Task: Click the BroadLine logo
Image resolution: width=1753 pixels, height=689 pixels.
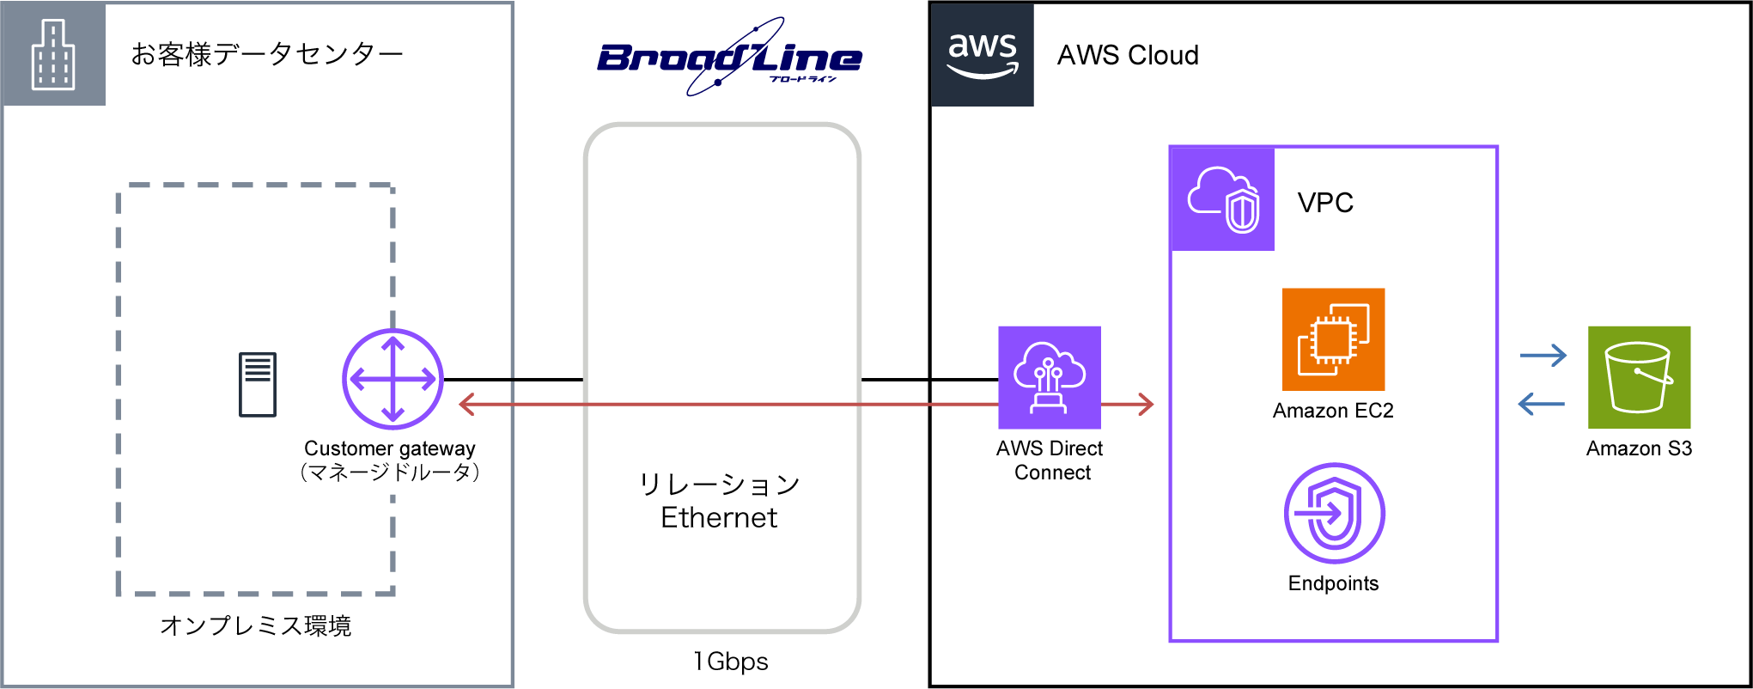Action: [729, 58]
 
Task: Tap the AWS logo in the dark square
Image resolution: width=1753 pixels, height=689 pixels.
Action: [983, 55]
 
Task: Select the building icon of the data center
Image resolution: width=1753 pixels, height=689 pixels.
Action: [53, 55]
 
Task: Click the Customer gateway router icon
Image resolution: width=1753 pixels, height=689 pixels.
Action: [393, 379]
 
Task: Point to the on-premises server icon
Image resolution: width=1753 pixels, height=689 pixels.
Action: [258, 385]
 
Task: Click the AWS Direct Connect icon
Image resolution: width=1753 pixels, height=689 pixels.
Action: [1049, 377]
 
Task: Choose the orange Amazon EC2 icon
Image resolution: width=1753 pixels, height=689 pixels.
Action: [1333, 339]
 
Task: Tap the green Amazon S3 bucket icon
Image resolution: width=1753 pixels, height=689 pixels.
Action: [1639, 377]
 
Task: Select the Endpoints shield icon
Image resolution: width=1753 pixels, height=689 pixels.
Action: [1334, 514]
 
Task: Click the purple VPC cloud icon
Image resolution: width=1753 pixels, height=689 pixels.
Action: [1223, 199]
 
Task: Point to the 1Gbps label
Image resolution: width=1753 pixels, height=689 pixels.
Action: [731, 662]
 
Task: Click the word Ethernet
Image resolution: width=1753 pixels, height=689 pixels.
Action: [719, 518]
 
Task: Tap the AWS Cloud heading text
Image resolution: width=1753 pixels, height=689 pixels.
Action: [1128, 55]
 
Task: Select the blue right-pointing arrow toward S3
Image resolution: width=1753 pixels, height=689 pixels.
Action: [1543, 355]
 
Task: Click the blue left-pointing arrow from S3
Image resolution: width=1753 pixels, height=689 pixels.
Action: [1542, 403]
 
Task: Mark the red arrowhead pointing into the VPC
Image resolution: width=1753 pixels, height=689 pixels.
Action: [1146, 404]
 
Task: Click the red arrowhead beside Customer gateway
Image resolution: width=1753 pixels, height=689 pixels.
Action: [467, 404]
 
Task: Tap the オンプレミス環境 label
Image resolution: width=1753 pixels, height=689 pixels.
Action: [256, 625]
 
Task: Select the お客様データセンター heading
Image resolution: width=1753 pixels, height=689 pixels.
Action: [267, 55]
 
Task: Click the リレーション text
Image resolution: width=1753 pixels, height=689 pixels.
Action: [719, 485]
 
